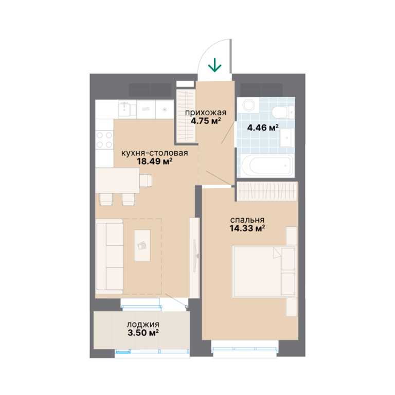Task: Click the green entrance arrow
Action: click(214, 65)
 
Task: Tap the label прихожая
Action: click(206, 112)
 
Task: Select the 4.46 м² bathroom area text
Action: click(263, 128)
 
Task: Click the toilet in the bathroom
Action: click(283, 112)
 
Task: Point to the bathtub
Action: click(267, 165)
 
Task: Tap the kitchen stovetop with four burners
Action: click(104, 140)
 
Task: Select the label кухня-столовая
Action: click(155, 153)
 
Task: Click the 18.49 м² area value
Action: click(155, 161)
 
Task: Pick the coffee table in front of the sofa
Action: click(142, 245)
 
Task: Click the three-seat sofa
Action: click(110, 256)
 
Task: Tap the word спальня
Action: click(247, 220)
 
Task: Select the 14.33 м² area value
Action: click(247, 228)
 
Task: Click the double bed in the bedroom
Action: click(264, 272)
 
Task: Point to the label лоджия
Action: click(143, 325)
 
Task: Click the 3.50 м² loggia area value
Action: click(143, 333)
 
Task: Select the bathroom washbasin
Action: click(287, 137)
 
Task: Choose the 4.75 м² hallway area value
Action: click(206, 121)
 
